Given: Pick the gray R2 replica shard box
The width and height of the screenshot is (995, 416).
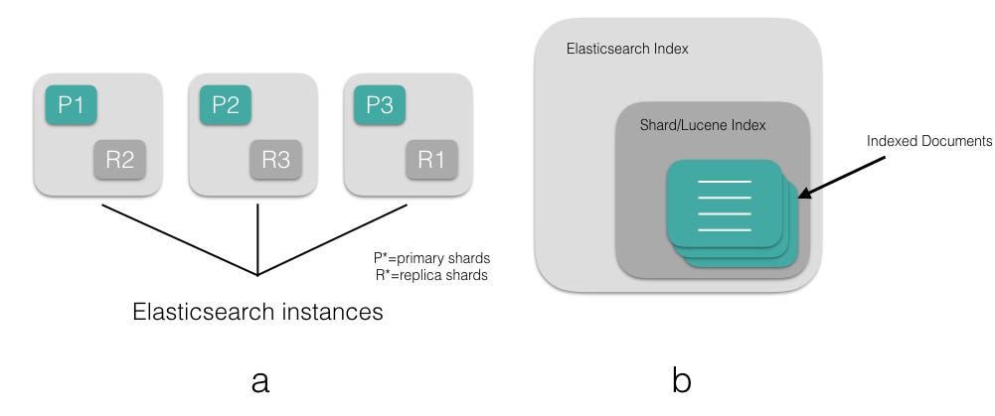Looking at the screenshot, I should (x=120, y=160).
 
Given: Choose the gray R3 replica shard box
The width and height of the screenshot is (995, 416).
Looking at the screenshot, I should (x=275, y=160).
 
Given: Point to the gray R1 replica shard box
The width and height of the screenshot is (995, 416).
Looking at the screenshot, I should (x=430, y=160).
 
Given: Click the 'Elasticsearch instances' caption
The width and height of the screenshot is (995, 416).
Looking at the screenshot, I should (x=257, y=313).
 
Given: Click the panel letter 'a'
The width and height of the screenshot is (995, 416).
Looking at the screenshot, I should (x=259, y=380).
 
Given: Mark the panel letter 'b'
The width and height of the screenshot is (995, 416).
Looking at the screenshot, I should (x=681, y=380).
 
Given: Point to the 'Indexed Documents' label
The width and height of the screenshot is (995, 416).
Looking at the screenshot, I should (x=929, y=142).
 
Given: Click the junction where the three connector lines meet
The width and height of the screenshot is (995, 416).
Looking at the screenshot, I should (x=258, y=275).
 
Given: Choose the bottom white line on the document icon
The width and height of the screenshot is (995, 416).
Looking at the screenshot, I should (x=725, y=229).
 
